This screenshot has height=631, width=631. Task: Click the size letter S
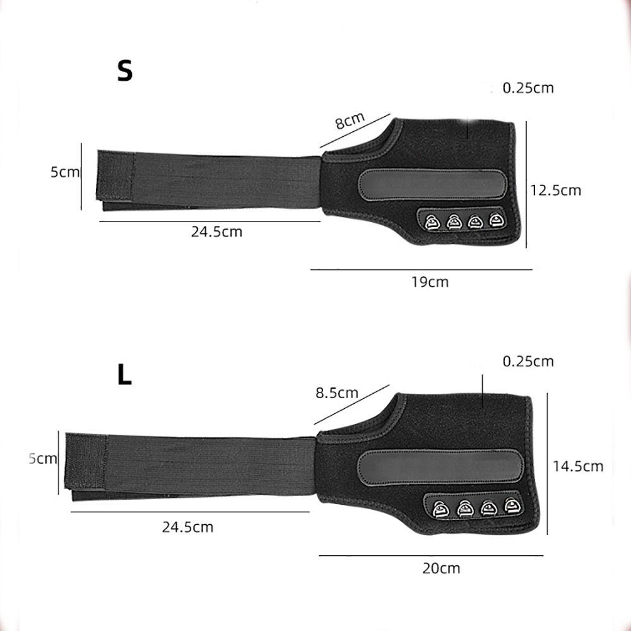coord(125,71)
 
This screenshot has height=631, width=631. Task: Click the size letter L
coord(125,375)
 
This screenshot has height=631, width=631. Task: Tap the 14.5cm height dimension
coord(578,466)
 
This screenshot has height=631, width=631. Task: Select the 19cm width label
coord(429,282)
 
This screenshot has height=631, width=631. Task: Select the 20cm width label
coord(441,568)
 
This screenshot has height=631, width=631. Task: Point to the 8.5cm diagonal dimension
coord(336,392)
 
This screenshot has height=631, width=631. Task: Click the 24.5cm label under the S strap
coord(216,232)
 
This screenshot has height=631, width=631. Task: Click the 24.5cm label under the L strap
coord(187,527)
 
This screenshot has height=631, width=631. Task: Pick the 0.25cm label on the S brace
coord(528,88)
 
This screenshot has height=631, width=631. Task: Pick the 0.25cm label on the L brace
coord(528,361)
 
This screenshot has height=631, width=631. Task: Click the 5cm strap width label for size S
coord(65,172)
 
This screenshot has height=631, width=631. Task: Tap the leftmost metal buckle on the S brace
coord(432,221)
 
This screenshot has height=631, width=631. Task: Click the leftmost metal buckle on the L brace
coord(441,507)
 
